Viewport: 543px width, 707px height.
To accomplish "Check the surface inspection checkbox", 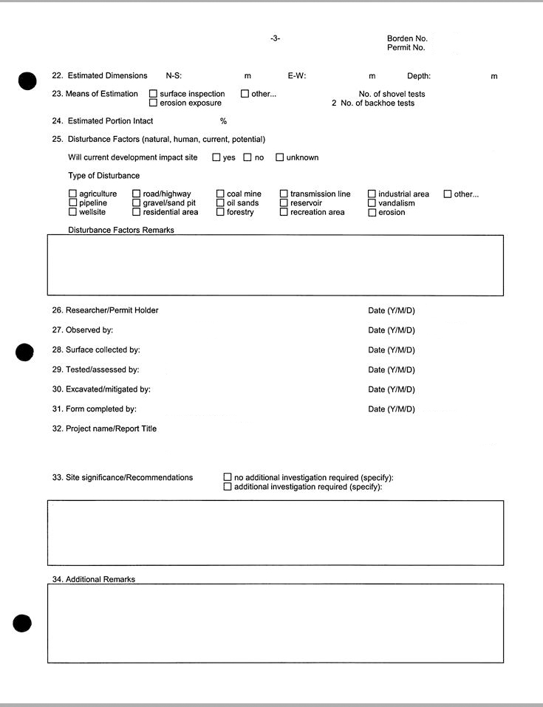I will (153, 94).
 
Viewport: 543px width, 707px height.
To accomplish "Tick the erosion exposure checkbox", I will (153, 103).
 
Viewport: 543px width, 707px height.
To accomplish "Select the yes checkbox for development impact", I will (216, 157).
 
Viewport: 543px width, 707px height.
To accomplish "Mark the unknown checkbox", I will (280, 157).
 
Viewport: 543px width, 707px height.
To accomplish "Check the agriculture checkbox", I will (72, 194).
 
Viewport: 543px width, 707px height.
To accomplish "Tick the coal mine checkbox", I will (220, 194).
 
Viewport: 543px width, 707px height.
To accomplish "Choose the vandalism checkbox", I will (372, 203).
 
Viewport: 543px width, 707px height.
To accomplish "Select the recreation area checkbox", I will (284, 212).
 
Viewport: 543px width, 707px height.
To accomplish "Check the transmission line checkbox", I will (284, 194).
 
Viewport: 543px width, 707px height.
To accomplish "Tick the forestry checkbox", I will (220, 212).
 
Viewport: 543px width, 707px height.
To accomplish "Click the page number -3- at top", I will (275, 38).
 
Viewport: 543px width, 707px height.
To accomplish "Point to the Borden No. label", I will (407, 38).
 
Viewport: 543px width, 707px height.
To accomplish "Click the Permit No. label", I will (406, 47).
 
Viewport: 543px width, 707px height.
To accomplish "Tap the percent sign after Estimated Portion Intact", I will (223, 121).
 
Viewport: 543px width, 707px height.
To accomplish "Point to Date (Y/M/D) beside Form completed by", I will (392, 409).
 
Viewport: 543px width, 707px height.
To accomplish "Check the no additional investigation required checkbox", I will (228, 478).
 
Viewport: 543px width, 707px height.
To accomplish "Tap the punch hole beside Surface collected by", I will (24, 352).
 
